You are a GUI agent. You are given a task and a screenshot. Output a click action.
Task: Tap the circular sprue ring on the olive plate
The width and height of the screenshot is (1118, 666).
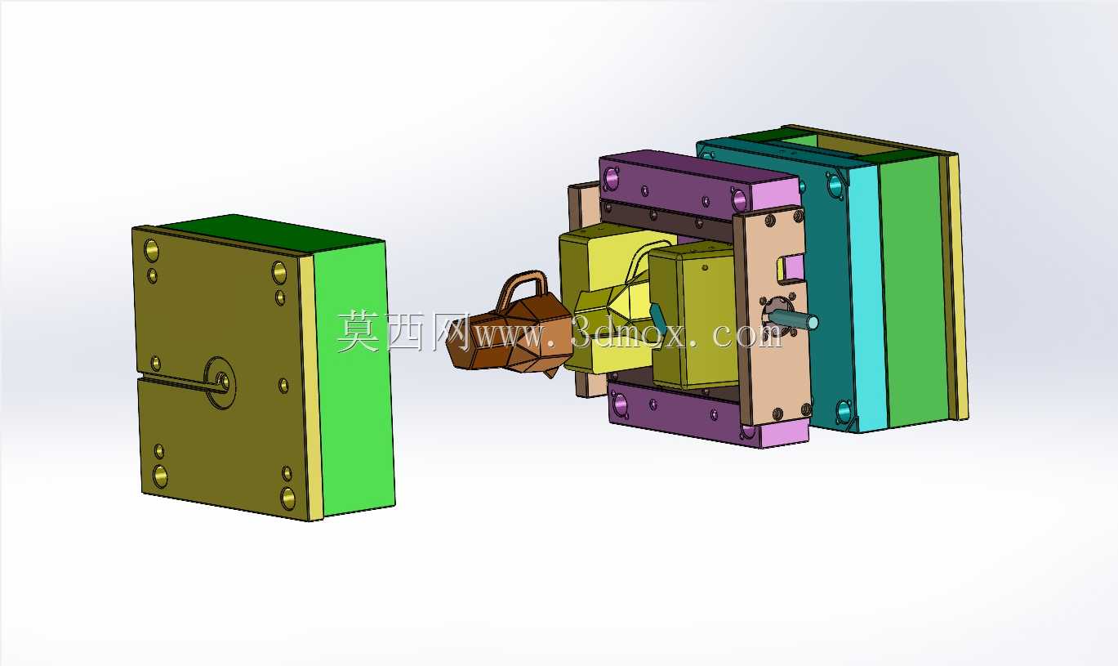(x=220, y=382)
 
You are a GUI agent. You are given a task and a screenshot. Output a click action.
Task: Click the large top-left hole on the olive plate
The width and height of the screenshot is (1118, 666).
(x=151, y=250)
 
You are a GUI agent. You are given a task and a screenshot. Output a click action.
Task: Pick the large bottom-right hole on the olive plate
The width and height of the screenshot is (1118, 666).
(x=287, y=498)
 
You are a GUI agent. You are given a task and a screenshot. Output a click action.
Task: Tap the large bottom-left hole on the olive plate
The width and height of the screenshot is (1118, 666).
(x=160, y=476)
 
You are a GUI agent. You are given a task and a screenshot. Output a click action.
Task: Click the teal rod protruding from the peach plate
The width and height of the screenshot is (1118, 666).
(x=794, y=319)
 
